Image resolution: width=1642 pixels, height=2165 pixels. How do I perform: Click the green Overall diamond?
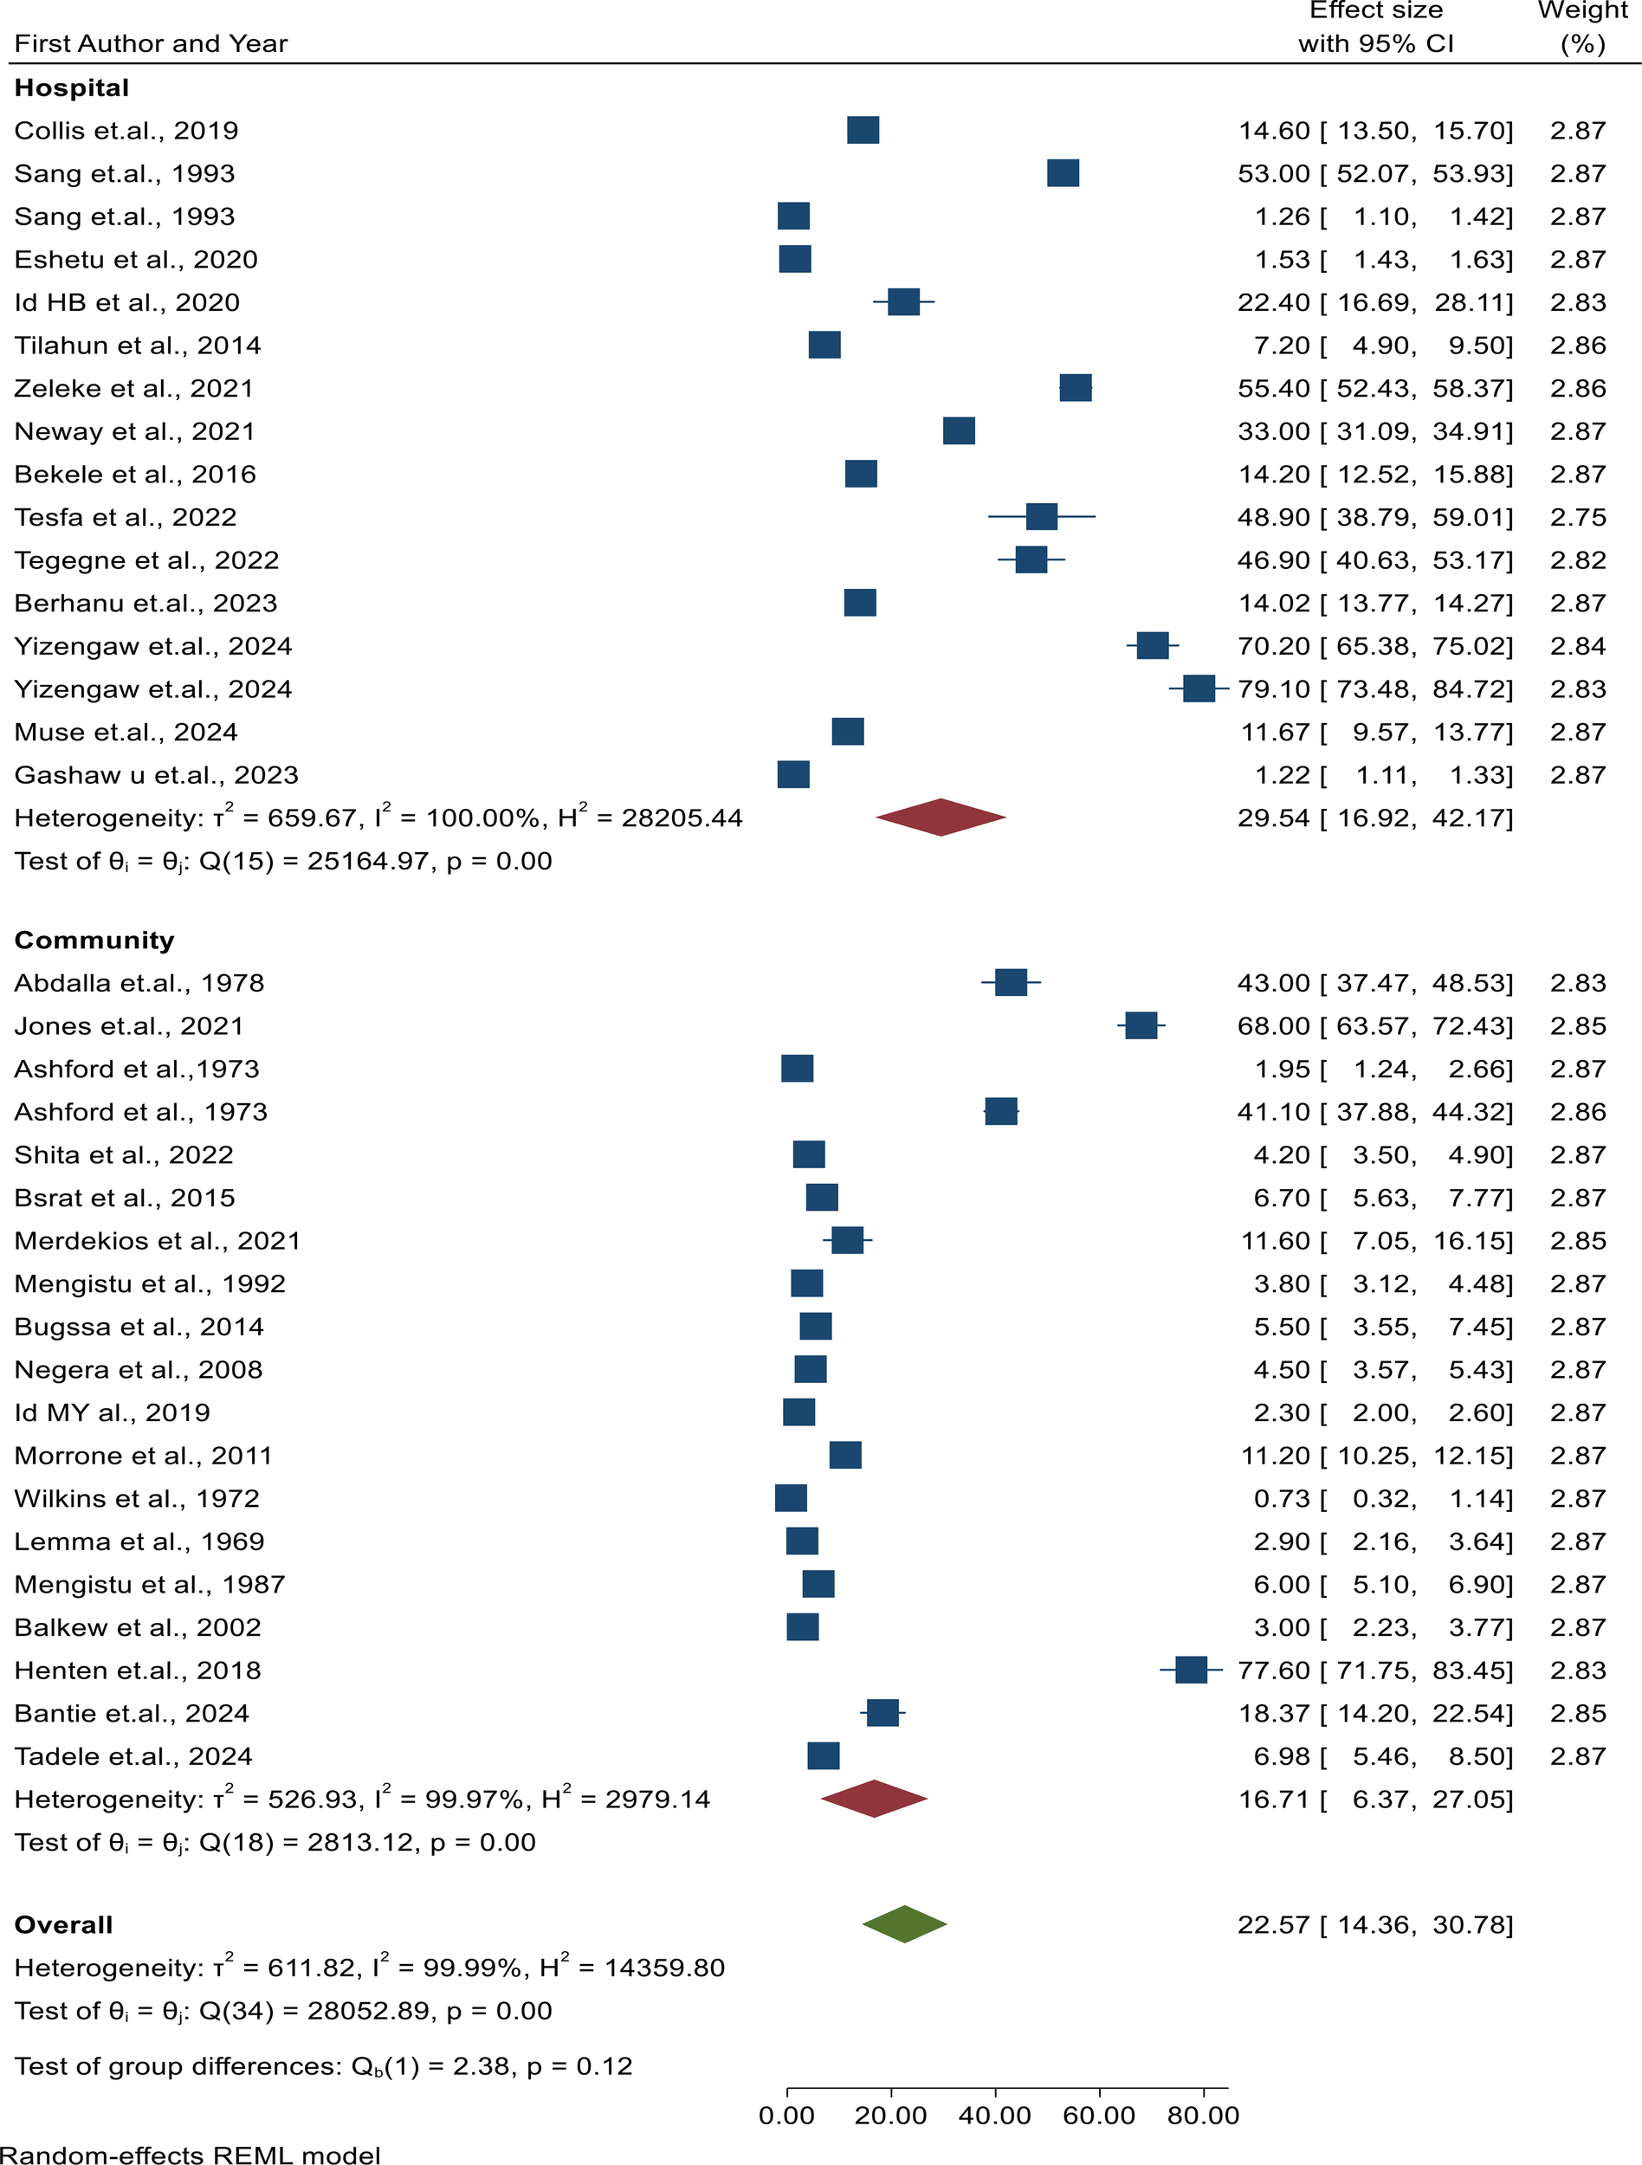tap(904, 1924)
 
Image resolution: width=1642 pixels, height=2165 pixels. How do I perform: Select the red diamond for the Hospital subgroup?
tap(941, 818)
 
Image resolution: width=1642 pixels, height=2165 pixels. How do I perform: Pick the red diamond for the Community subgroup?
tap(874, 1799)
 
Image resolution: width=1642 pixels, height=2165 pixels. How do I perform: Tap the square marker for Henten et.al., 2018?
tap(1191, 1670)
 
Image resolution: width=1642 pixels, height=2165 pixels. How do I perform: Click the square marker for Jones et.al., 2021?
tap(1141, 1025)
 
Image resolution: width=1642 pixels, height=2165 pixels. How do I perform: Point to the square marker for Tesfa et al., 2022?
tap(1041, 517)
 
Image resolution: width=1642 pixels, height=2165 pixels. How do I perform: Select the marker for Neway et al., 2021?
tap(959, 430)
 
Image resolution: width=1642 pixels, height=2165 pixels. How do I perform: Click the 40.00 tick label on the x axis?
tap(995, 2115)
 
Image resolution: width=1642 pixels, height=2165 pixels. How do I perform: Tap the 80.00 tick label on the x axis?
tap(1204, 2115)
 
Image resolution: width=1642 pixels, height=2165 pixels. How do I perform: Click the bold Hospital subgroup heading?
tap(71, 88)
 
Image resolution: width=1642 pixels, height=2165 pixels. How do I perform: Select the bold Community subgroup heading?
tap(94, 940)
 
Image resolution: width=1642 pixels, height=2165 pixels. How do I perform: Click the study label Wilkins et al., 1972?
tap(137, 1498)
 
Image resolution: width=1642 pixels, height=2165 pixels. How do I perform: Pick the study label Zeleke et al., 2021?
tap(134, 389)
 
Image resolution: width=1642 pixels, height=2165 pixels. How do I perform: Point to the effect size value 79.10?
tap(1273, 689)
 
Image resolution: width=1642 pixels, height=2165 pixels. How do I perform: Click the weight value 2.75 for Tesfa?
tap(1577, 517)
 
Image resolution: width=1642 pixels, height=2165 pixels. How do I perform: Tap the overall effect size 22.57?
tap(1273, 1925)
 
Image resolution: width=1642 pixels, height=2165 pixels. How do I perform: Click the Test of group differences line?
tap(323, 2066)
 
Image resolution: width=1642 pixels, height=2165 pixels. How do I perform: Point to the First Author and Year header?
tap(151, 44)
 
